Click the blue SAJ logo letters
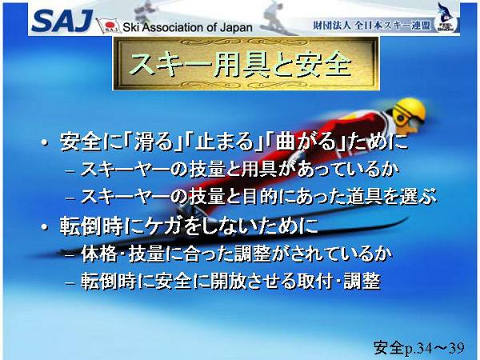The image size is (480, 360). (x=62, y=21)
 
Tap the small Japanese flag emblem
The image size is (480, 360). (x=108, y=26)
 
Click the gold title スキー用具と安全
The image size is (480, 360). (x=241, y=64)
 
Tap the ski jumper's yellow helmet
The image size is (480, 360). (x=410, y=110)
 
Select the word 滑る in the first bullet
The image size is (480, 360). (x=154, y=142)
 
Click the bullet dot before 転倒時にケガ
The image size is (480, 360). (x=46, y=227)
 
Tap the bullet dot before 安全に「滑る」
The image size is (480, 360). (x=46, y=142)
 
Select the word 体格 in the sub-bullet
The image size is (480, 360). (x=99, y=254)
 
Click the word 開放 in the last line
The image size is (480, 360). (x=228, y=282)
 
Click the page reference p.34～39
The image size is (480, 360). (x=434, y=348)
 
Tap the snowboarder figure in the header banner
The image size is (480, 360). (x=274, y=18)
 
